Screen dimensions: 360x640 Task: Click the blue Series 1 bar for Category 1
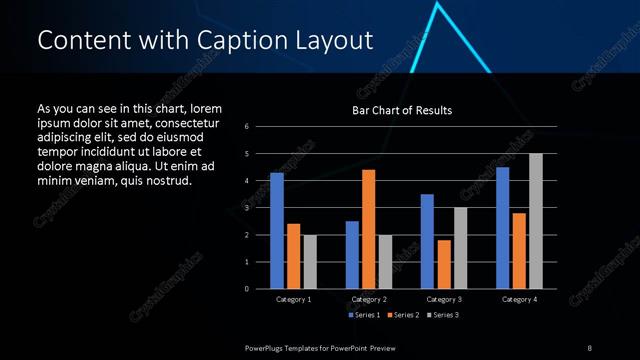click(x=277, y=231)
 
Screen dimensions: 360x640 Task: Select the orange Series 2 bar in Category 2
click(x=368, y=229)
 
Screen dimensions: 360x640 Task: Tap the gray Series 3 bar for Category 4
click(x=535, y=221)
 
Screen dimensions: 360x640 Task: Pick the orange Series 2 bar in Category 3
click(x=444, y=264)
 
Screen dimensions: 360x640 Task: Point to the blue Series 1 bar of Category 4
click(x=502, y=228)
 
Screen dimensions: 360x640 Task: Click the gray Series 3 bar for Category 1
click(x=310, y=262)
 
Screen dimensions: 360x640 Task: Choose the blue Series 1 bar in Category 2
click(x=352, y=255)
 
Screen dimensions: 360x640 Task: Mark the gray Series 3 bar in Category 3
click(x=460, y=248)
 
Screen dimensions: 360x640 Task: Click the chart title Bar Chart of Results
click(x=402, y=110)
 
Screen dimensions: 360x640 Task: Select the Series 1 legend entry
click(x=364, y=315)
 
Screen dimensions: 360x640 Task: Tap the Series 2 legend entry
click(x=404, y=315)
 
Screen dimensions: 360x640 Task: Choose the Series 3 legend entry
click(x=444, y=315)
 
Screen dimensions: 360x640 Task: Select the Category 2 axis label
click(x=368, y=299)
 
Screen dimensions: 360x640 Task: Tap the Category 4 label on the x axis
click(x=518, y=299)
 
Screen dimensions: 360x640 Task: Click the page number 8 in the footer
click(x=589, y=347)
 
